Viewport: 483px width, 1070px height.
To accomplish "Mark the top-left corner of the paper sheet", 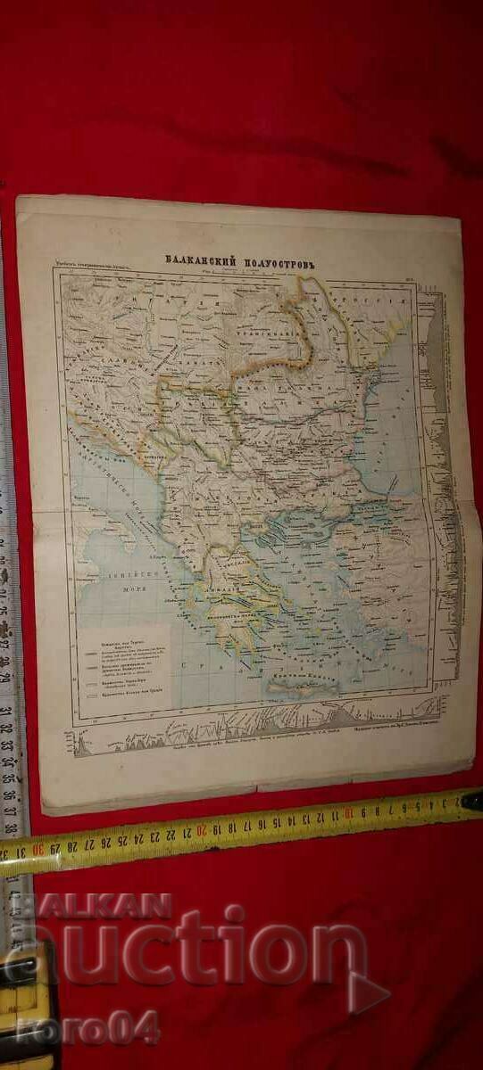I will click(x=18, y=197).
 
